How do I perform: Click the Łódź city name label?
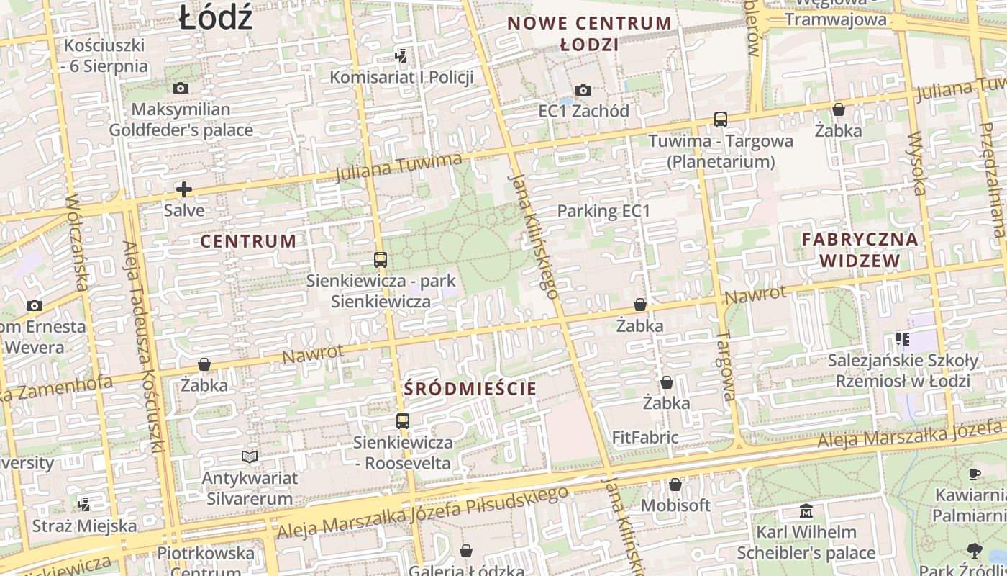tap(216, 17)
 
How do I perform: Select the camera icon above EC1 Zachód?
tap(583, 90)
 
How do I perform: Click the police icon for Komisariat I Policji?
tap(401, 55)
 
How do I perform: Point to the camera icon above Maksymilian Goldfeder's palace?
tap(181, 88)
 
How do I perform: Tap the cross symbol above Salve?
tap(184, 189)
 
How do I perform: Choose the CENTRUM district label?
tap(248, 241)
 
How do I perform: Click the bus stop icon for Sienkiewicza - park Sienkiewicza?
tap(381, 259)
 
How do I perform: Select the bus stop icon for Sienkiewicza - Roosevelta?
tap(403, 421)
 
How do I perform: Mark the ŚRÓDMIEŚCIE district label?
tap(470, 389)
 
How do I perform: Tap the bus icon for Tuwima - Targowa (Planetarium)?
tap(721, 120)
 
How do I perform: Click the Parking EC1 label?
tap(603, 211)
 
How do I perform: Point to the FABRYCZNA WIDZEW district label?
tap(860, 250)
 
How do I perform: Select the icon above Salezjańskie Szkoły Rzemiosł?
tap(903, 338)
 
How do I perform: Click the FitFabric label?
tap(645, 437)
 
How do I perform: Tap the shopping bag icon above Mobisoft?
tap(675, 485)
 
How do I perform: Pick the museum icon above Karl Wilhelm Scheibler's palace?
tap(806, 511)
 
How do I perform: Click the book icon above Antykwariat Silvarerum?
tap(250, 456)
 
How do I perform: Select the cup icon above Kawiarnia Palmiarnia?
tap(974, 474)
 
